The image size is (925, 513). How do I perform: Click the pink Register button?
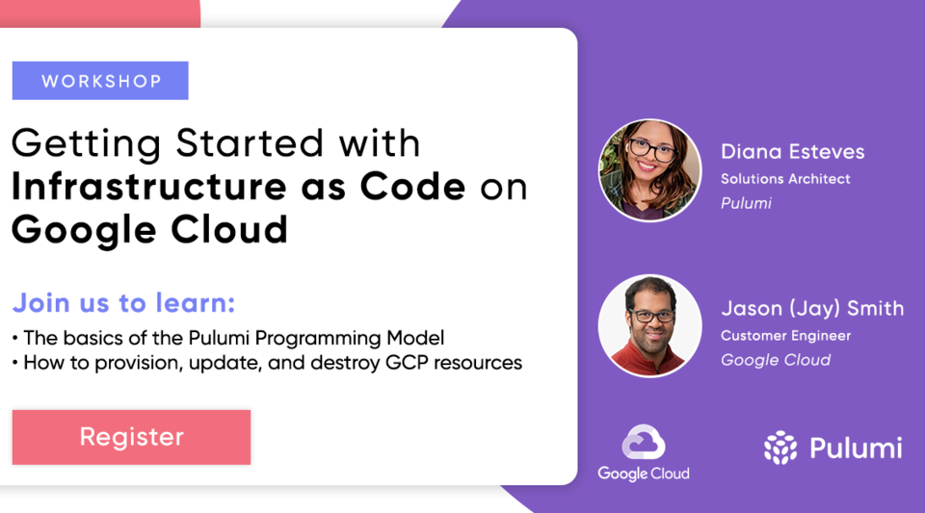point(131,437)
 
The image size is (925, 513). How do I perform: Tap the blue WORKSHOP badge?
point(100,81)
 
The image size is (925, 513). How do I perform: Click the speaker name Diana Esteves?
point(792,151)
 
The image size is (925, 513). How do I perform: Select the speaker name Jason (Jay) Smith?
point(811,308)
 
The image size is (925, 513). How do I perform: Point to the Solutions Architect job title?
point(785,179)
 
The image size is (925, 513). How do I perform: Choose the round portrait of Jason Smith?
point(649,326)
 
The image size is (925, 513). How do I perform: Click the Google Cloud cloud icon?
point(643,443)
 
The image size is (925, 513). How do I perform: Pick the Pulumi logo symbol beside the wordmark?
point(780,448)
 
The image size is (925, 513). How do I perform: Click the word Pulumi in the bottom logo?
point(855,449)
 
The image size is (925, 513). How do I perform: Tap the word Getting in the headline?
point(86,143)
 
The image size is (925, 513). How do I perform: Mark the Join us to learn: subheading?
point(123,303)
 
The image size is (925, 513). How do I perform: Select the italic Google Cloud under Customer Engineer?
point(775,360)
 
